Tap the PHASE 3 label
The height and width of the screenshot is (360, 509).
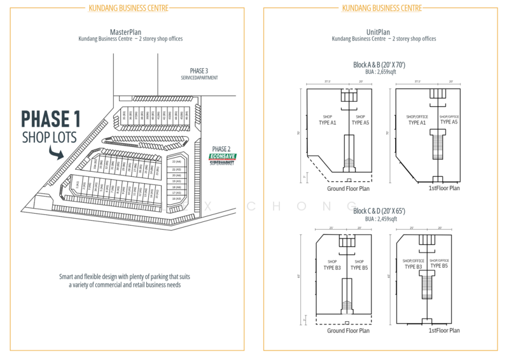[199, 70]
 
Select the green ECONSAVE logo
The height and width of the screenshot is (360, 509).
[223, 156]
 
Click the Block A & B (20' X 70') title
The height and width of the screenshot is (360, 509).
[379, 65]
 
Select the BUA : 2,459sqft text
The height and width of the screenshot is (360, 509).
[379, 218]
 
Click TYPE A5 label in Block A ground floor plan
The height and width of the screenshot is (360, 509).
[360, 122]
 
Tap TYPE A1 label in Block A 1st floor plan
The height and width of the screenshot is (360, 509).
[417, 122]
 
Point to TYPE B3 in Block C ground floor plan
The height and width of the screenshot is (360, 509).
[332, 267]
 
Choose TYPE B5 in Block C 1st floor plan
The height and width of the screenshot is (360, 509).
[439, 267]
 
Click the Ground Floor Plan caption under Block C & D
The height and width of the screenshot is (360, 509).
[348, 331]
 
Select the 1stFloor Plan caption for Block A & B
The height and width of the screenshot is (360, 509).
[444, 188]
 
